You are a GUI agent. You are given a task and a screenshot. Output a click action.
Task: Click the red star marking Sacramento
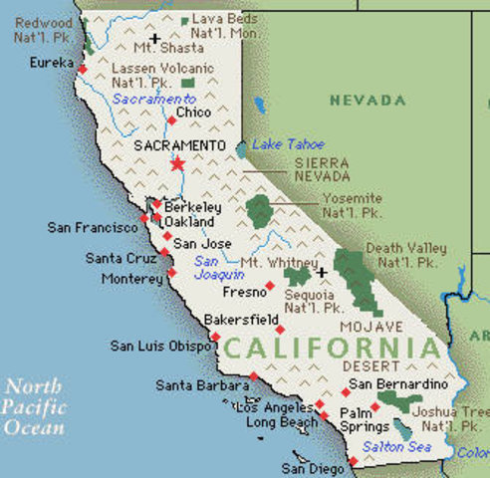click(x=177, y=162)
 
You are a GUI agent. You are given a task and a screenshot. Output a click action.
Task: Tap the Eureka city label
click(x=52, y=62)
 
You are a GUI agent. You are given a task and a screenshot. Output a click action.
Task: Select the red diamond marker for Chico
click(x=171, y=120)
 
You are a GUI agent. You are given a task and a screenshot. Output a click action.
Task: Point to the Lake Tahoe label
click(x=288, y=144)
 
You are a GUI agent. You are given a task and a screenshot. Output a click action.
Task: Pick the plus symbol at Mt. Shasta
click(x=154, y=40)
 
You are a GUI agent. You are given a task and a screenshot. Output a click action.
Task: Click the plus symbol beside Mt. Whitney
click(x=322, y=271)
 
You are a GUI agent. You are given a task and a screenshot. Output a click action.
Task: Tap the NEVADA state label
click(x=368, y=101)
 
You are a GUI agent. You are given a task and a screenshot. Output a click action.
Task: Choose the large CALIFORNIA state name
click(x=332, y=348)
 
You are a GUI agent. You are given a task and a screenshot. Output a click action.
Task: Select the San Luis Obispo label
click(x=158, y=347)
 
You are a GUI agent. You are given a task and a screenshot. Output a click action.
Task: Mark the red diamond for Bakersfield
click(x=280, y=329)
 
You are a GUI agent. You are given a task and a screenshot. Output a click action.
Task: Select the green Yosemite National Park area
click(x=260, y=210)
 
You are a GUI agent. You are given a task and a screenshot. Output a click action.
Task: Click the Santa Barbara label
click(x=202, y=385)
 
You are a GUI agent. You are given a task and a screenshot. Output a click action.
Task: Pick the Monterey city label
click(x=131, y=280)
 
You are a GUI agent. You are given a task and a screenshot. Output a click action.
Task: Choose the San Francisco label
click(x=92, y=228)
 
